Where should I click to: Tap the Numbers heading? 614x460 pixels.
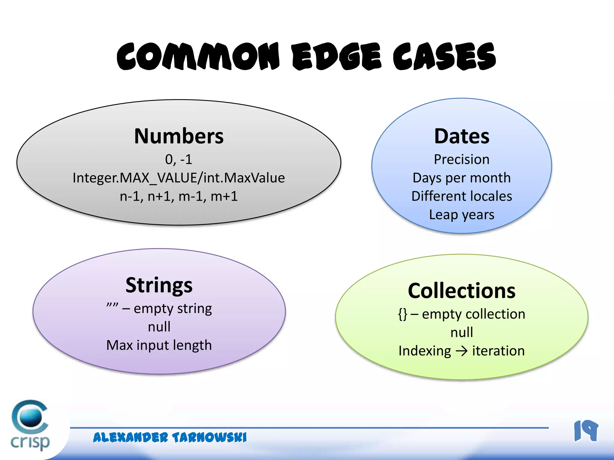pyautogui.click(x=179, y=136)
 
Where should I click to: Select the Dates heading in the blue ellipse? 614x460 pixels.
pyautogui.click(x=462, y=136)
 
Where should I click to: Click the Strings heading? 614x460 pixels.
pyautogui.click(x=159, y=285)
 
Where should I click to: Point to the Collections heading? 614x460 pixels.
pyautogui.click(x=462, y=291)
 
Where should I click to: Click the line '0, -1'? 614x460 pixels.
pyautogui.click(x=179, y=159)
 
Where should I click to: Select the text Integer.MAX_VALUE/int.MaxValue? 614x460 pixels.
pyautogui.click(x=179, y=178)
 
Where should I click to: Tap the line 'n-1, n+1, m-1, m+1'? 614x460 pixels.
pyautogui.click(x=179, y=196)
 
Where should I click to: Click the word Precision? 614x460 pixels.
pyautogui.click(x=462, y=159)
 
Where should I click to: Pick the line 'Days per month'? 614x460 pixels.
pyautogui.click(x=462, y=178)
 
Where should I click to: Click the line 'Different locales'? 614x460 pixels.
pyautogui.click(x=462, y=196)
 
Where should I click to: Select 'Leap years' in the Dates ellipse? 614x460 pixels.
pyautogui.click(x=462, y=215)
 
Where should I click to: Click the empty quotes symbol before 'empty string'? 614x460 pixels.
pyautogui.click(x=112, y=305)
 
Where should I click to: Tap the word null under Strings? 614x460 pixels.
pyautogui.click(x=159, y=327)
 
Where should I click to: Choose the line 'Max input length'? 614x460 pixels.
pyautogui.click(x=159, y=345)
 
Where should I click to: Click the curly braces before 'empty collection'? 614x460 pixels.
pyautogui.click(x=403, y=314)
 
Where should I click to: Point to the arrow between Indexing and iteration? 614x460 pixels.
pyautogui.click(x=462, y=351)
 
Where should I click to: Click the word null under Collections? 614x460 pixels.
pyautogui.click(x=462, y=332)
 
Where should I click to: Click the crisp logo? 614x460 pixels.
pyautogui.click(x=30, y=425)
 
